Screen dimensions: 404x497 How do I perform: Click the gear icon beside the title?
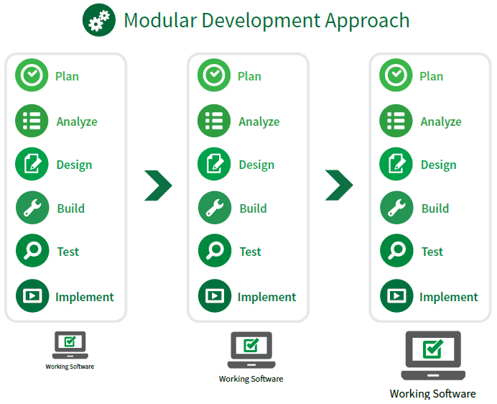(99, 20)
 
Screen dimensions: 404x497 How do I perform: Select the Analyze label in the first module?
(77, 121)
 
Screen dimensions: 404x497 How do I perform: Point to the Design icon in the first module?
(32, 165)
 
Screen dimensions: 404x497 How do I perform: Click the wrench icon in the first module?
(32, 208)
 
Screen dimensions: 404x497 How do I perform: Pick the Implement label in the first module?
(84, 297)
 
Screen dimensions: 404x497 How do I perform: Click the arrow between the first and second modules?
(157, 185)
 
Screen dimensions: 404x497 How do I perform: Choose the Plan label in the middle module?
(249, 76)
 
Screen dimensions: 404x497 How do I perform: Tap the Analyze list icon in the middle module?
(214, 121)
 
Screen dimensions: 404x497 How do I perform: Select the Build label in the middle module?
(253, 208)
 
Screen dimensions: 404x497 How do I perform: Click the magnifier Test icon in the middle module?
(214, 252)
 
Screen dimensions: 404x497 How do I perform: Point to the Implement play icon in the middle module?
(214, 295)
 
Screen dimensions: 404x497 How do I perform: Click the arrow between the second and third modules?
(339, 185)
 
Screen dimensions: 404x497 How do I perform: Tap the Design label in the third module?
(438, 165)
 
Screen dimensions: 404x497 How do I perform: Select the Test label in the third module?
(432, 252)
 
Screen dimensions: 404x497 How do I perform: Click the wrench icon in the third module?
(396, 208)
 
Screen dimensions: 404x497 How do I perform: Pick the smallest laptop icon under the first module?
(70, 345)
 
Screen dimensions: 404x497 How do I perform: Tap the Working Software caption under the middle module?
(251, 379)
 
